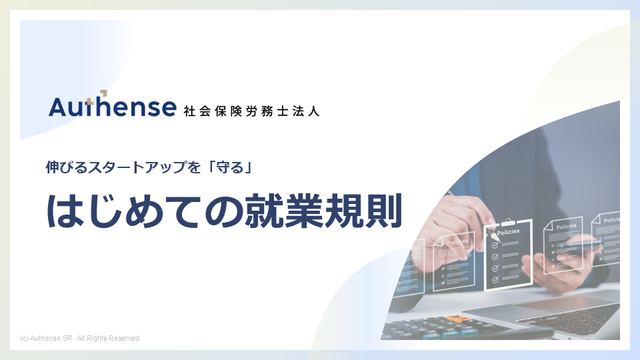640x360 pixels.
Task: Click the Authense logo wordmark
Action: point(112,107)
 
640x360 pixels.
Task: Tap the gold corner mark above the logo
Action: point(103,93)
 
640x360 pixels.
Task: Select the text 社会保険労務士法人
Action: point(251,111)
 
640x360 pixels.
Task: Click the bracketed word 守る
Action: point(230,167)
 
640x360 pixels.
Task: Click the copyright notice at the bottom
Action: point(81,339)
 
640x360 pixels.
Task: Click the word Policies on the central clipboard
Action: point(508,232)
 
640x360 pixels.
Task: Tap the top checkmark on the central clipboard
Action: point(495,245)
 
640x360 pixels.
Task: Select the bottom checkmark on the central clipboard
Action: point(495,280)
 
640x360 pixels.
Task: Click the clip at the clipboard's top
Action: point(508,222)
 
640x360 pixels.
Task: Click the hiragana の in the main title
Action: point(223,212)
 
